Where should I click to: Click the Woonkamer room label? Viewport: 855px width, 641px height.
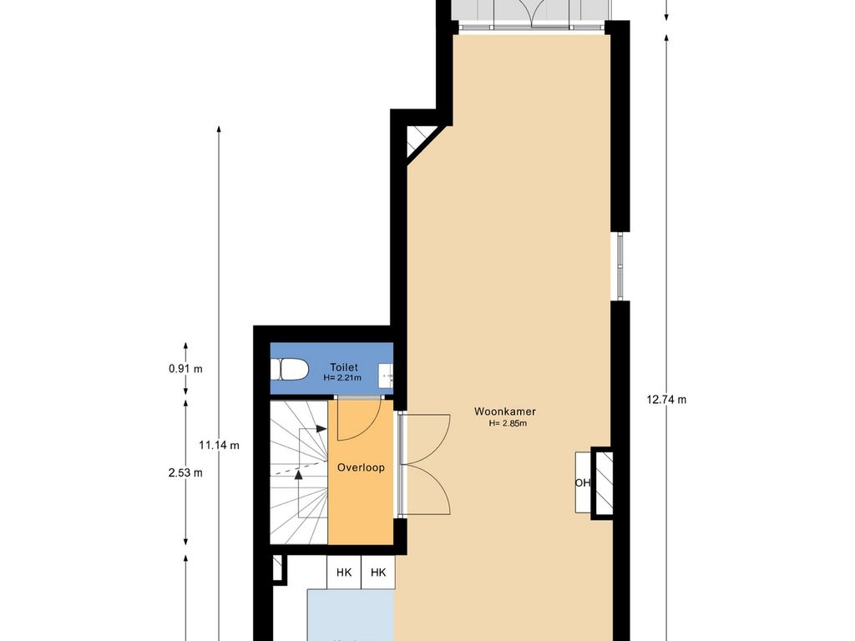click(x=504, y=411)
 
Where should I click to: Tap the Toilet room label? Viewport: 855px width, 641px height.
click(x=343, y=367)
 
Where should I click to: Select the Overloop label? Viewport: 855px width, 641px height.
click(x=361, y=467)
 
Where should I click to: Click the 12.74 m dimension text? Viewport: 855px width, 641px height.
click(x=666, y=400)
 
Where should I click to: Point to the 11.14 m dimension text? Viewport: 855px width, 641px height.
click(x=219, y=446)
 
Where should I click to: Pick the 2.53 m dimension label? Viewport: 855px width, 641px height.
click(x=185, y=472)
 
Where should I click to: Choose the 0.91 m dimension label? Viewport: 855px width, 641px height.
click(x=185, y=369)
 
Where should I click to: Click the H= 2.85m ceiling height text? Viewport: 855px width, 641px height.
click(x=508, y=423)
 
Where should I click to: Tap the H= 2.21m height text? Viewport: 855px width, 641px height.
click(x=341, y=377)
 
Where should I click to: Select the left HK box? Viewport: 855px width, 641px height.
click(x=343, y=572)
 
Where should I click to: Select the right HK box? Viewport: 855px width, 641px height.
click(x=378, y=572)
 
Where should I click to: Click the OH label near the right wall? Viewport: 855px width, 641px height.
click(x=582, y=482)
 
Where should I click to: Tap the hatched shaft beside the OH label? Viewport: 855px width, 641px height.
click(x=602, y=482)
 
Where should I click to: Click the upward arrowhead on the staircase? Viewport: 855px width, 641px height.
click(x=298, y=475)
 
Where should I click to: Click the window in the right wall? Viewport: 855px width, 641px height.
click(x=620, y=266)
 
